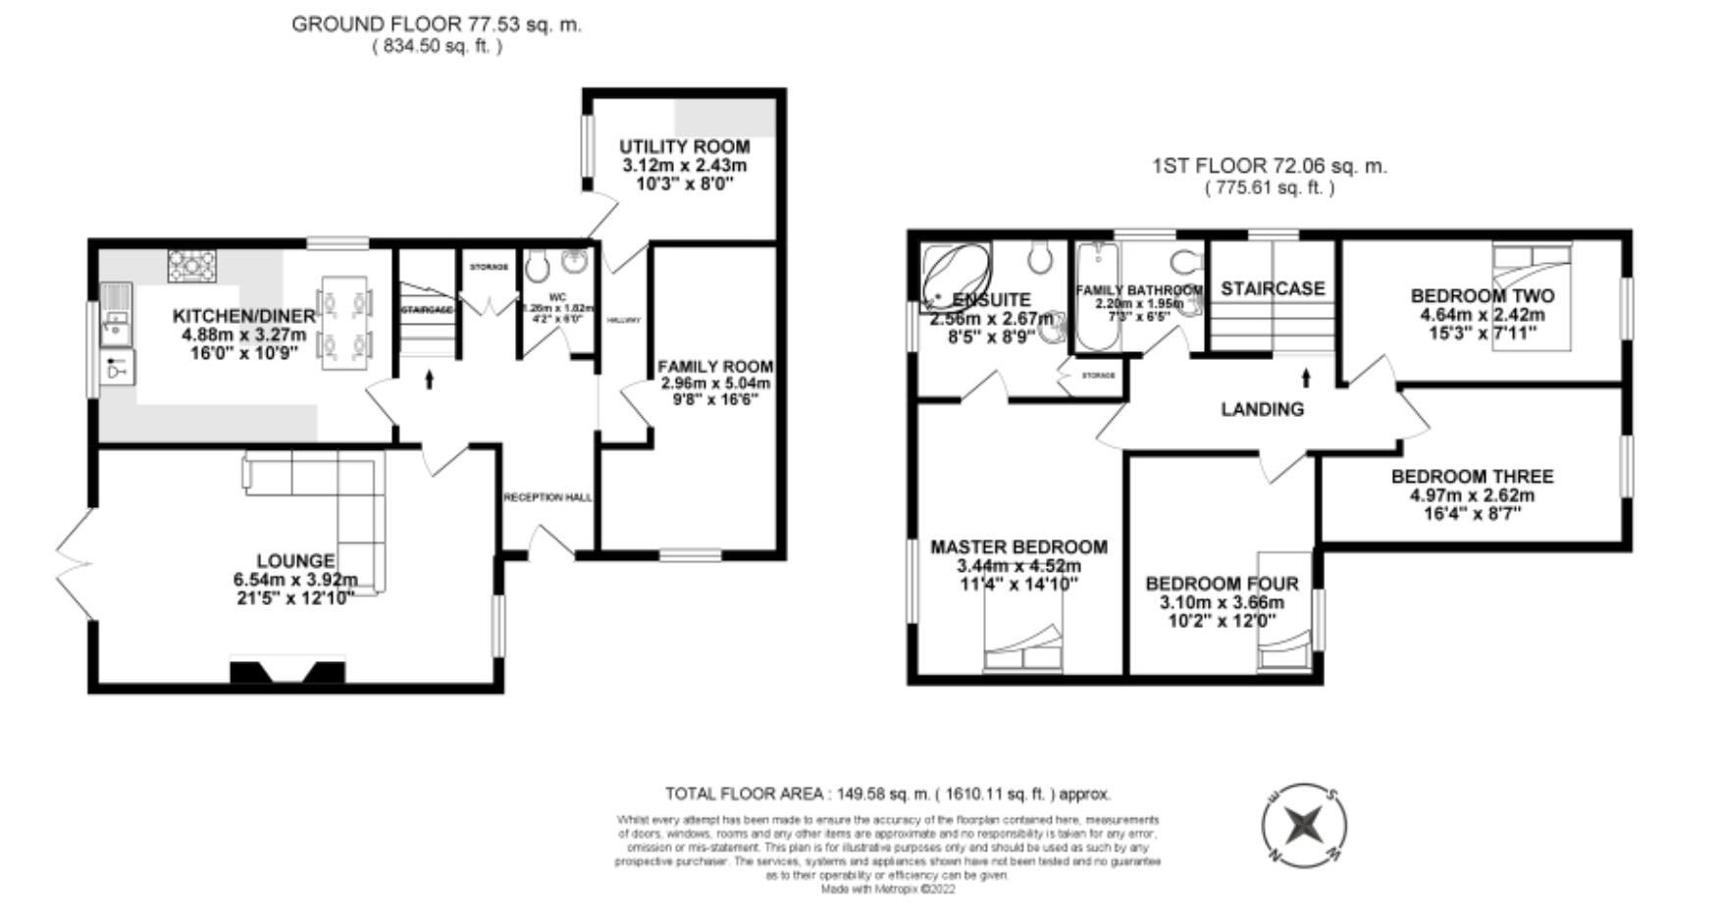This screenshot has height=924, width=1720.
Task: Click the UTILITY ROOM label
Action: pos(684,147)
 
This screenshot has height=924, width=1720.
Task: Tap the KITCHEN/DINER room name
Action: pos(243,316)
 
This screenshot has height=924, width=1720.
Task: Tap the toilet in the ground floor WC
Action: pos(537,264)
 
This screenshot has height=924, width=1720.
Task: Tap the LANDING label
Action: pos(1262,409)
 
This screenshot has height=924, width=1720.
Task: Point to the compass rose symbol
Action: pos(1304,825)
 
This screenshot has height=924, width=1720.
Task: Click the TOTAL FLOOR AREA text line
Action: pos(888,794)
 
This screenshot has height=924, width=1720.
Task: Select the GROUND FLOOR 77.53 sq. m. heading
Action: pos(436,25)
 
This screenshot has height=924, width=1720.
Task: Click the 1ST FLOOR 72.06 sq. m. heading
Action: pos(1269,166)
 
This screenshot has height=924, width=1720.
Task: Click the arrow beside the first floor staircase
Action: pos(1306,377)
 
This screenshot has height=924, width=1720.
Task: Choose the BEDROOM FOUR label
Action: pos(1222,584)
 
